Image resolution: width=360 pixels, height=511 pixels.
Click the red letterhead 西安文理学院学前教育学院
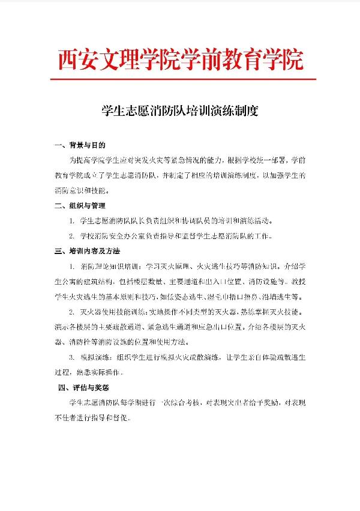180,59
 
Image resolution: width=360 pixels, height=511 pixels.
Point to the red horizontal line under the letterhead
180,78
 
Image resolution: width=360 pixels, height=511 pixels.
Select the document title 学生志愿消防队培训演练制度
180,111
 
